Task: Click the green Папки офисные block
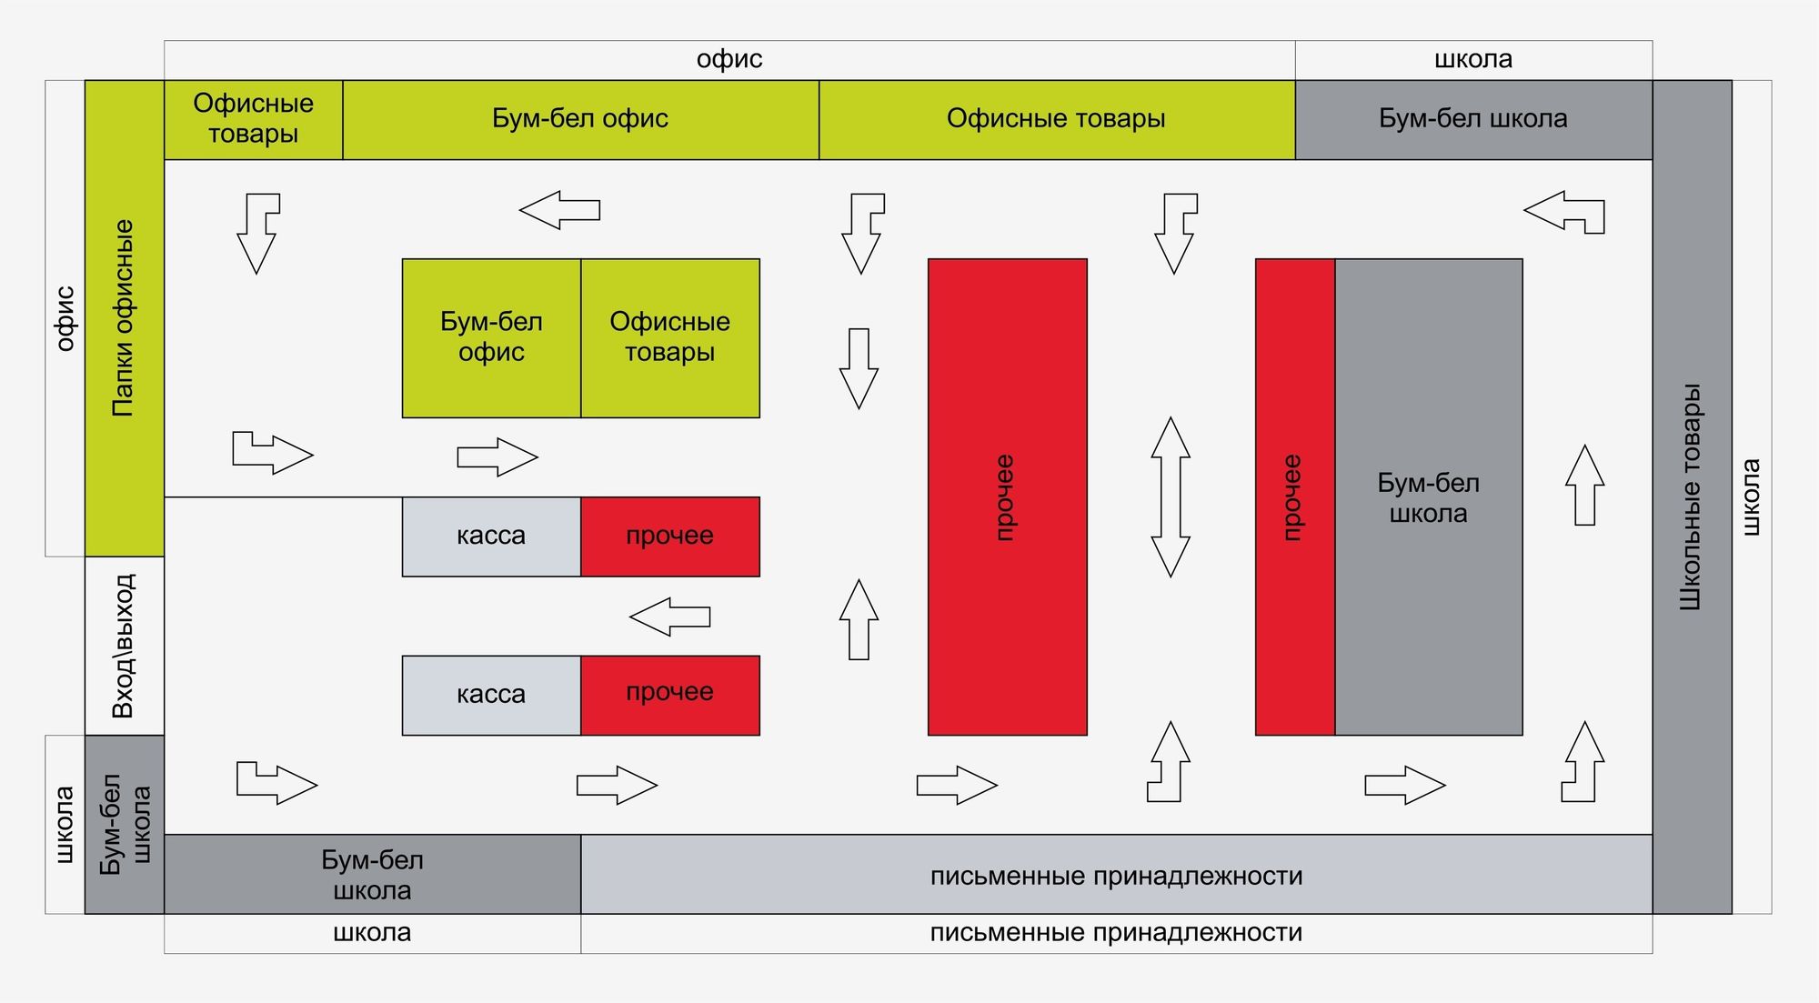125,318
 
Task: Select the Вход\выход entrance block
125,646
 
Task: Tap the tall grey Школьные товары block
1692,496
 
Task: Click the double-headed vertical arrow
1171,496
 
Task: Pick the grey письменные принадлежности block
1117,874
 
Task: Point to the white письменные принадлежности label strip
1117,933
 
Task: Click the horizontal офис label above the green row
729,60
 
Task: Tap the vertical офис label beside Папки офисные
65,318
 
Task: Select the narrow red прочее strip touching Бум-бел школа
1295,496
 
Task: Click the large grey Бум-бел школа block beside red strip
1429,496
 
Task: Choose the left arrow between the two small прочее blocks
669,617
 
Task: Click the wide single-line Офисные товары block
1057,120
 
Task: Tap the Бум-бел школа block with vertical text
125,824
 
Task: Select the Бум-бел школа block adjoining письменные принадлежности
373,874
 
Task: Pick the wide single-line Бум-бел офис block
581,120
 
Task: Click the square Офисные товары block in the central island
670,338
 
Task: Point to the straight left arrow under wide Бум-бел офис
559,210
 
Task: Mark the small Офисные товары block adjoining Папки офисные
254,120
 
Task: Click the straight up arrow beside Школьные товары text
1584,485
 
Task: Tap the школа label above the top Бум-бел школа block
1473,60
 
